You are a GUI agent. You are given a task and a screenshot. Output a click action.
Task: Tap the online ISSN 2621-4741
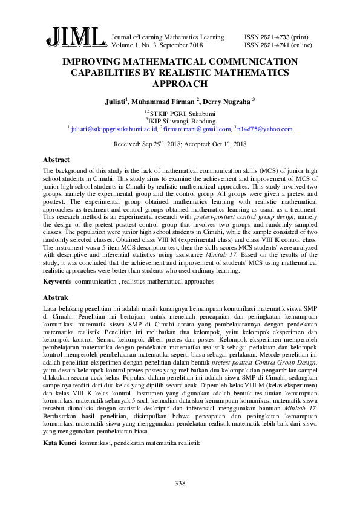coord(278,45)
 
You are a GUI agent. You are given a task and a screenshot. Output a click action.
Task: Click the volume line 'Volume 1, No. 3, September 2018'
coord(157,45)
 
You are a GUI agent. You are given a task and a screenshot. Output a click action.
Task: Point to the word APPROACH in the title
coord(180,84)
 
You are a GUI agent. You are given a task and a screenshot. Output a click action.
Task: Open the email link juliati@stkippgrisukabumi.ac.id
coord(114,129)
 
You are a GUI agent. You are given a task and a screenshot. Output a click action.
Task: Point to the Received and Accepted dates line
coord(180,144)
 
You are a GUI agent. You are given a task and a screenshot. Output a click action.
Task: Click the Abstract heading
coord(56,160)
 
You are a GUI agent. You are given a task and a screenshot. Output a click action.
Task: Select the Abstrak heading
coord(56,298)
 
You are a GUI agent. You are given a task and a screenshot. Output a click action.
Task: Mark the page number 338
coord(180,483)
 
